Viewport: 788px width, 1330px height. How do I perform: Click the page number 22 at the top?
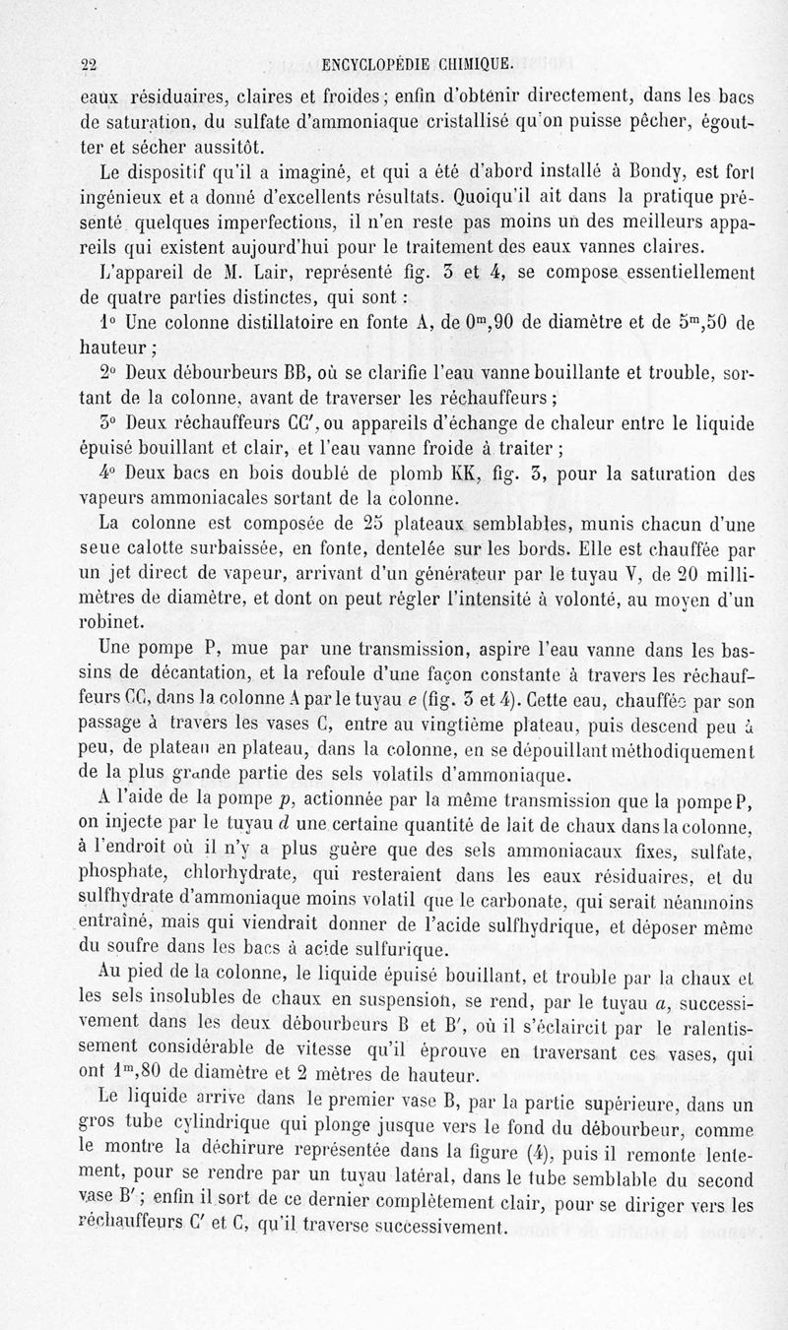click(91, 65)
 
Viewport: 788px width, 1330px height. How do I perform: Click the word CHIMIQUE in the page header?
click(464, 65)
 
